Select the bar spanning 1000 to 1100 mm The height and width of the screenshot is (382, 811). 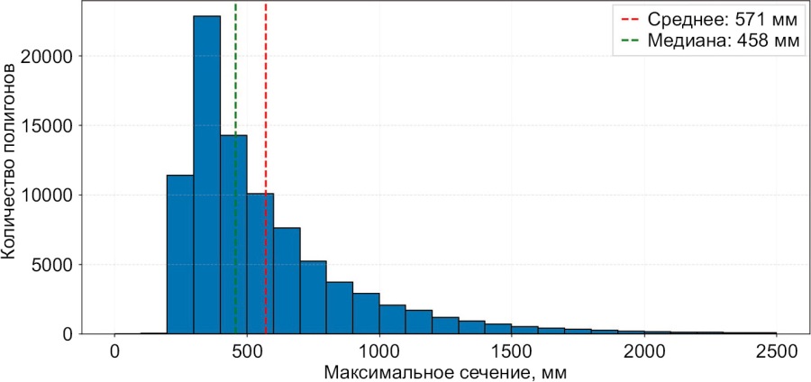[392, 319]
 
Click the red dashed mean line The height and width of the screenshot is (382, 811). [266, 108]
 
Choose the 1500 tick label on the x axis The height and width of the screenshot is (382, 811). [512, 350]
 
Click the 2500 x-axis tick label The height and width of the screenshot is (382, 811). [777, 350]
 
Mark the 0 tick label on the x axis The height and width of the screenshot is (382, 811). [114, 350]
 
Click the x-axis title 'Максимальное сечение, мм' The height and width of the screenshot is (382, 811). [445, 370]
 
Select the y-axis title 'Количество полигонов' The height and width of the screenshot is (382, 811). [11, 161]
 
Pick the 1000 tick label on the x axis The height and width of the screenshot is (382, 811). [379, 350]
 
